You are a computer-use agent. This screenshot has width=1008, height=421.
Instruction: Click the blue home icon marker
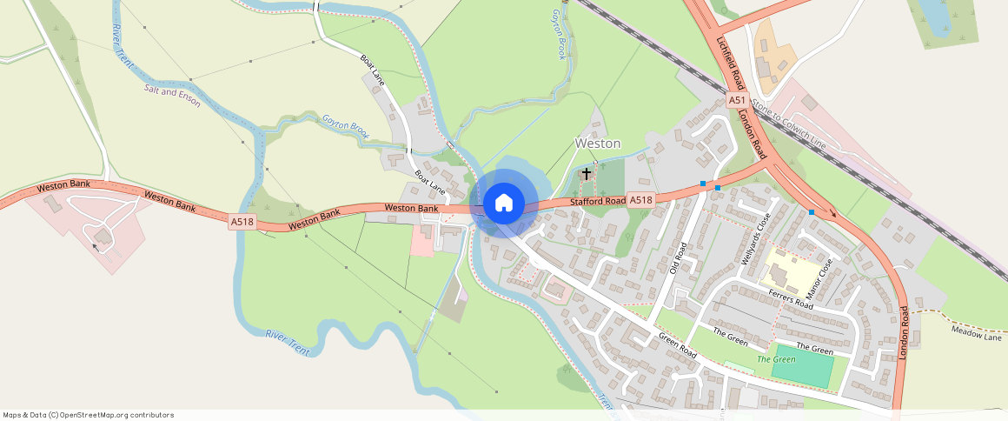[503, 204]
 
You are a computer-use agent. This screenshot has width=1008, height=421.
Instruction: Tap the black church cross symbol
[587, 173]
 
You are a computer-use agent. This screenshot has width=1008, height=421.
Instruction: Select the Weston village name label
[598, 143]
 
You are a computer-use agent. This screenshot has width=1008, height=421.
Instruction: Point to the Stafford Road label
[597, 202]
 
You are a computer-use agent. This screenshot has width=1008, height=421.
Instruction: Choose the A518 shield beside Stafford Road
[640, 200]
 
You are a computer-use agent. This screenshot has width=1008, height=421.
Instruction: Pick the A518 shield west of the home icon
[242, 223]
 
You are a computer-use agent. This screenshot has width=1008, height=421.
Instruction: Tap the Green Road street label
[677, 346]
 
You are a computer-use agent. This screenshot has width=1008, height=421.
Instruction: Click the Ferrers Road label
[790, 300]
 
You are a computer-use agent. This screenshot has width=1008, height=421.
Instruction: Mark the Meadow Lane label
[976, 332]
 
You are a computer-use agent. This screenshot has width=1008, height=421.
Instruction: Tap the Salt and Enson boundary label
[172, 97]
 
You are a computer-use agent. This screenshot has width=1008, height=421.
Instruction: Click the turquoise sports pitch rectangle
[801, 367]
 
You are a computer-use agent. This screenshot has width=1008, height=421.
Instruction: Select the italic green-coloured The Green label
[776, 359]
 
